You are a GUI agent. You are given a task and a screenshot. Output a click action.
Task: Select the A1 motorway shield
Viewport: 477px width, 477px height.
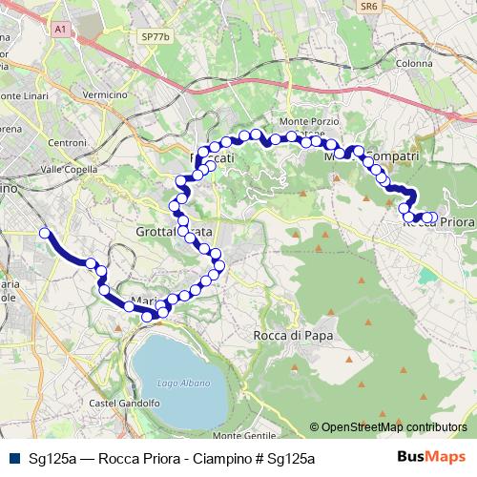(60, 31)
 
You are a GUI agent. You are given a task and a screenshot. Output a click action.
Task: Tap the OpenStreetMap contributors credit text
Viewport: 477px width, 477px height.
(394, 427)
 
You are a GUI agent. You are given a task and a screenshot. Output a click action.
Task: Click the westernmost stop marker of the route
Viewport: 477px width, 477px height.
(44, 232)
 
